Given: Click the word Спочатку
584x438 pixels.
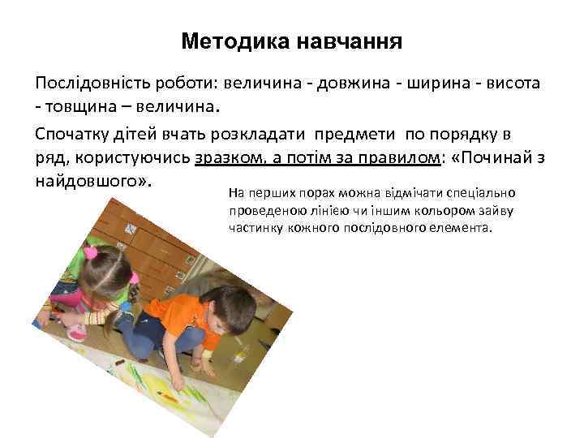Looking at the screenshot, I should click(74, 133).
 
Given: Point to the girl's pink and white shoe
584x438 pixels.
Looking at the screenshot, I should click(78, 333).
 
